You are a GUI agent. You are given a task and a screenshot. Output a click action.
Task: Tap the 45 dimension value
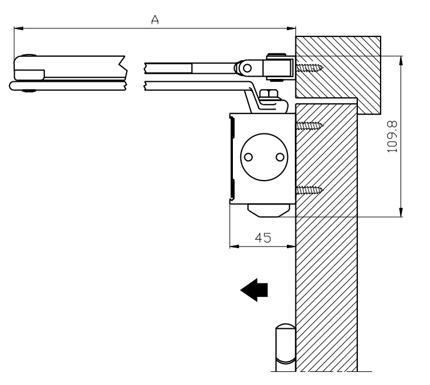click(262, 238)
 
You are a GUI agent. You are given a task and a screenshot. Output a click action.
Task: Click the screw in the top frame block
click(309, 68)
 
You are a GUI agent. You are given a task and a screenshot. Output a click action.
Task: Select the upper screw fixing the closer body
click(309, 125)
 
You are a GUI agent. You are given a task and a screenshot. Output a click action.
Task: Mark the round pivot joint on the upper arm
click(245, 68)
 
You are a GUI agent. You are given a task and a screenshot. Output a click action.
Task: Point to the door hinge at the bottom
click(284, 346)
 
